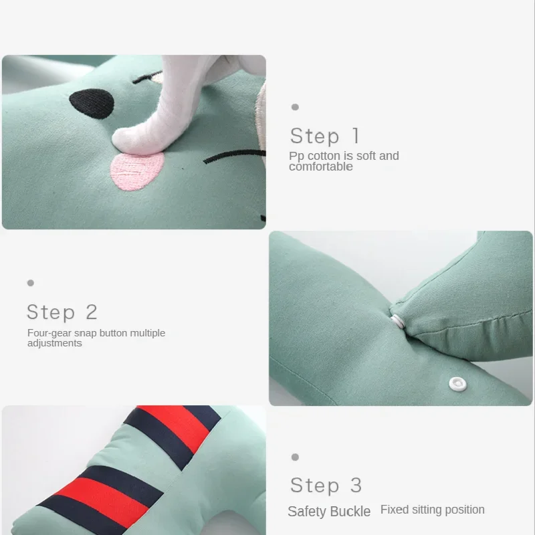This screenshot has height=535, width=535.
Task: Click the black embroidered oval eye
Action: tap(92, 104)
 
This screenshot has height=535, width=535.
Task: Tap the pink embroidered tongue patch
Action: tap(137, 171)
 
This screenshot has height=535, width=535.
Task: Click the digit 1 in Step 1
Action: tap(356, 136)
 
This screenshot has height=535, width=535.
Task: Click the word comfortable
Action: tap(321, 167)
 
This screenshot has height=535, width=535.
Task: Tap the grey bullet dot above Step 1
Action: tap(295, 107)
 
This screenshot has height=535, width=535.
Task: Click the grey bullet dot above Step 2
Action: tap(31, 283)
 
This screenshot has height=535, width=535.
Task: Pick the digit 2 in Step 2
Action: tap(92, 312)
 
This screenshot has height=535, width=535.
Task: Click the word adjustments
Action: tap(55, 343)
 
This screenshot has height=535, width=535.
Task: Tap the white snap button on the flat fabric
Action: tap(457, 384)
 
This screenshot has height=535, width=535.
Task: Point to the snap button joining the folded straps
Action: tap(397, 322)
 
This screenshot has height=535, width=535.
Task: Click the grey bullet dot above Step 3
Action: tap(295, 457)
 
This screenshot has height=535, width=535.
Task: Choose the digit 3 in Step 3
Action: tap(356, 486)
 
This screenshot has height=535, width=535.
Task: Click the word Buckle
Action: tap(350, 512)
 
